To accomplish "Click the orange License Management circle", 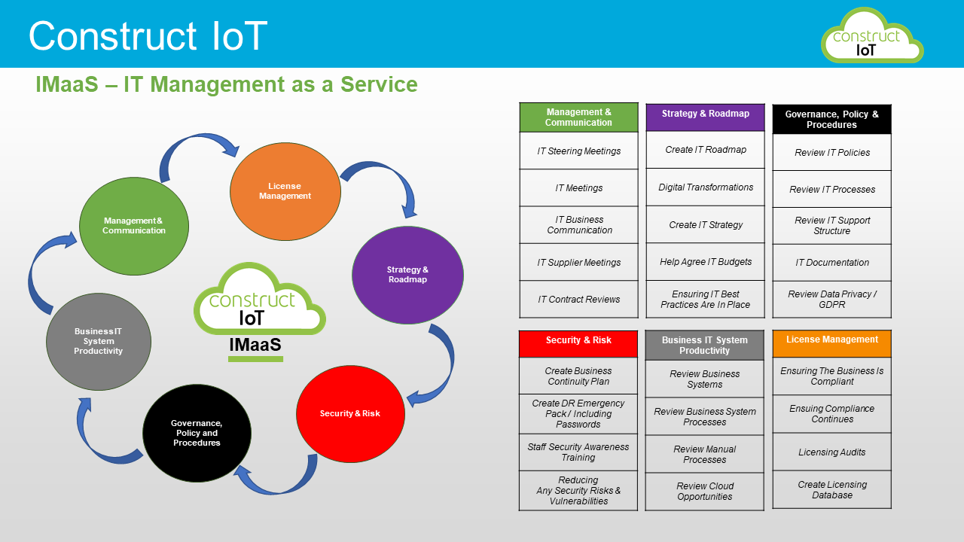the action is click(x=285, y=191).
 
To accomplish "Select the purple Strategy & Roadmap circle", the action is click(x=407, y=275).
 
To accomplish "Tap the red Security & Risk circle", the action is click(x=350, y=414).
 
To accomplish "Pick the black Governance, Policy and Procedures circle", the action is click(x=197, y=433).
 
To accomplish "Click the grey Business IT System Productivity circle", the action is click(x=99, y=342).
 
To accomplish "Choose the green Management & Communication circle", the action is click(x=134, y=226).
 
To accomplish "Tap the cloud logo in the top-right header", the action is click(x=872, y=35).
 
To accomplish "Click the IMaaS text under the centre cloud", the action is click(x=255, y=345).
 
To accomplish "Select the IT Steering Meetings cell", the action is click(x=579, y=151).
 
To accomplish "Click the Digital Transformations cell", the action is click(x=706, y=187).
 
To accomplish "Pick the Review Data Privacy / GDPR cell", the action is click(x=832, y=300).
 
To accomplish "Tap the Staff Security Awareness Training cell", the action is click(x=578, y=452).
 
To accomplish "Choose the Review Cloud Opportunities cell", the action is click(x=704, y=492).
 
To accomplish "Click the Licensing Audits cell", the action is click(x=832, y=452).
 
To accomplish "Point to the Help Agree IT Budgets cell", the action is click(x=706, y=261).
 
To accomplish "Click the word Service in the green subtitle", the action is click(x=379, y=84).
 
